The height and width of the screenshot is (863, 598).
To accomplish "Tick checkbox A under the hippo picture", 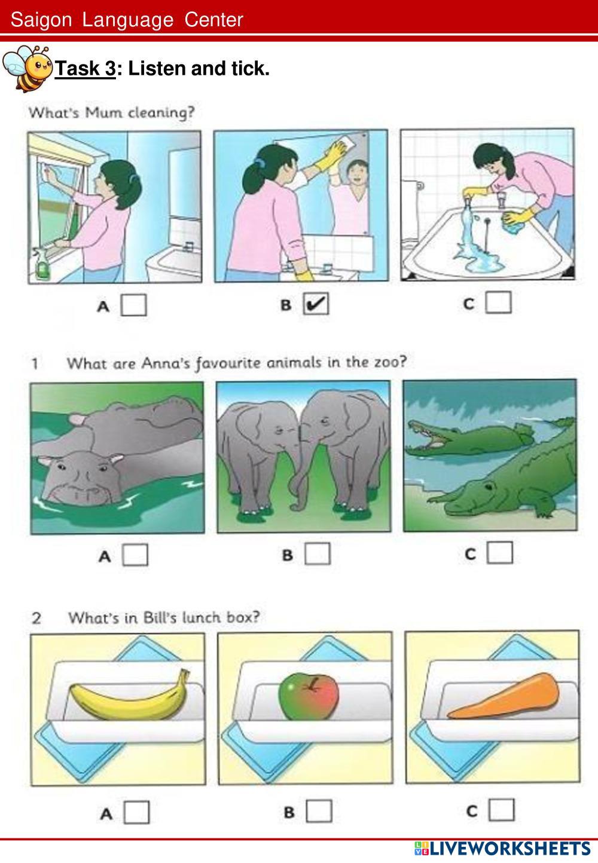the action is tap(135, 555).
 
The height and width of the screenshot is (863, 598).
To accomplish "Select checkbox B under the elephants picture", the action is tap(318, 553).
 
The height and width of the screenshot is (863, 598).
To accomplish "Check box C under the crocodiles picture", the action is tap(500, 552).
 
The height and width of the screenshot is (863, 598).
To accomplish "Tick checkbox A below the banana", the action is tap(136, 812).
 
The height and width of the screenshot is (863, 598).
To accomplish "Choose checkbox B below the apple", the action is tap(319, 810).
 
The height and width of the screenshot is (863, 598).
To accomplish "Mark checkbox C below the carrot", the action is tap(501, 809).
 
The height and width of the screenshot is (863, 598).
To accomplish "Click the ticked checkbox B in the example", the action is tap(316, 304).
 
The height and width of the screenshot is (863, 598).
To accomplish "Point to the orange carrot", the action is tap(503, 697).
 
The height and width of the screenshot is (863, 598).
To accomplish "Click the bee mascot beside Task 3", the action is tap(27, 68).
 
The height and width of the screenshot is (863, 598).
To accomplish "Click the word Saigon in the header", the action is tap(41, 20).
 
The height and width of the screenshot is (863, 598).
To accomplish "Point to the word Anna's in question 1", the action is tap(166, 363).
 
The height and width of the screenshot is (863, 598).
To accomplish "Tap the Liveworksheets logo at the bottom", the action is tap(502, 849).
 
